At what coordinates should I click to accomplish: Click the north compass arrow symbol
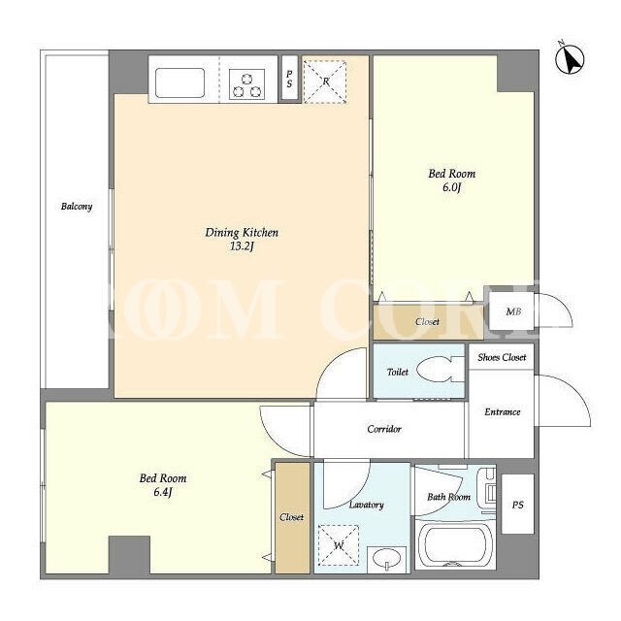570,59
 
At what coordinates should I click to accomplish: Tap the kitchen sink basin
180,82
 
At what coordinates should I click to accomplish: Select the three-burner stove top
247,84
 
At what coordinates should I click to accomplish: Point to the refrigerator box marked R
325,82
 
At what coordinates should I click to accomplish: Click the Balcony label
77,207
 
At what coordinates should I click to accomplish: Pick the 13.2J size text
242,246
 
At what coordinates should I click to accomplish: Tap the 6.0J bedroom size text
452,187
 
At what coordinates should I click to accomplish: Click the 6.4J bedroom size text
163,492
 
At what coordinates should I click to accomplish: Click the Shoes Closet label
502,357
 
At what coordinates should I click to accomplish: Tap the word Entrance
503,411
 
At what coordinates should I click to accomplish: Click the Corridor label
384,429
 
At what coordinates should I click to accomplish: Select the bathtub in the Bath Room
455,545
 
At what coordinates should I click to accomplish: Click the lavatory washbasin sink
386,559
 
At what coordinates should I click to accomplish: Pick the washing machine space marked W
339,545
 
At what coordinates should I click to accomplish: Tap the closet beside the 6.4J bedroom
292,517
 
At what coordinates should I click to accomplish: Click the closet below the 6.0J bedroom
428,321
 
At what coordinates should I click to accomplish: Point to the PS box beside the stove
289,79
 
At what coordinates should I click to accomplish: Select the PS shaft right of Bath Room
517,505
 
